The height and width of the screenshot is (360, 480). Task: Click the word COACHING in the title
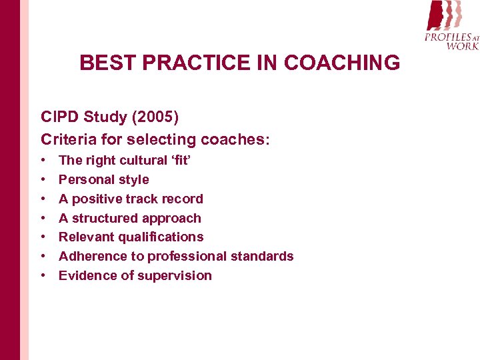point(342,63)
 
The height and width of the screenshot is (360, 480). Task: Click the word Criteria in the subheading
point(67,139)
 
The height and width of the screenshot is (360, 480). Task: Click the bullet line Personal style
point(103,179)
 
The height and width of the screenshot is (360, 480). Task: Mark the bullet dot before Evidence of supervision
point(43,275)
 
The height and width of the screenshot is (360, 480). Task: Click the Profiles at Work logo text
point(452,41)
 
